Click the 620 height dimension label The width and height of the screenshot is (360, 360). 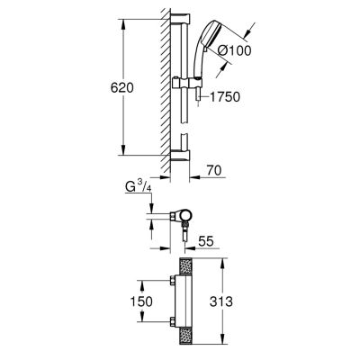click(x=121, y=88)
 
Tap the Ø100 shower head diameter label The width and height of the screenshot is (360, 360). click(x=234, y=51)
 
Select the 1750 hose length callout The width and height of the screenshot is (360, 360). click(x=225, y=96)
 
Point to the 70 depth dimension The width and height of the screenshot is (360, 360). click(x=214, y=170)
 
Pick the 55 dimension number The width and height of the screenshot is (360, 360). click(x=206, y=241)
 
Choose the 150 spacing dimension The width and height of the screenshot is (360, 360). click(x=141, y=301)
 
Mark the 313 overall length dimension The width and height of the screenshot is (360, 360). click(x=221, y=301)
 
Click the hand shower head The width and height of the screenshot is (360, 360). click(x=210, y=38)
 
